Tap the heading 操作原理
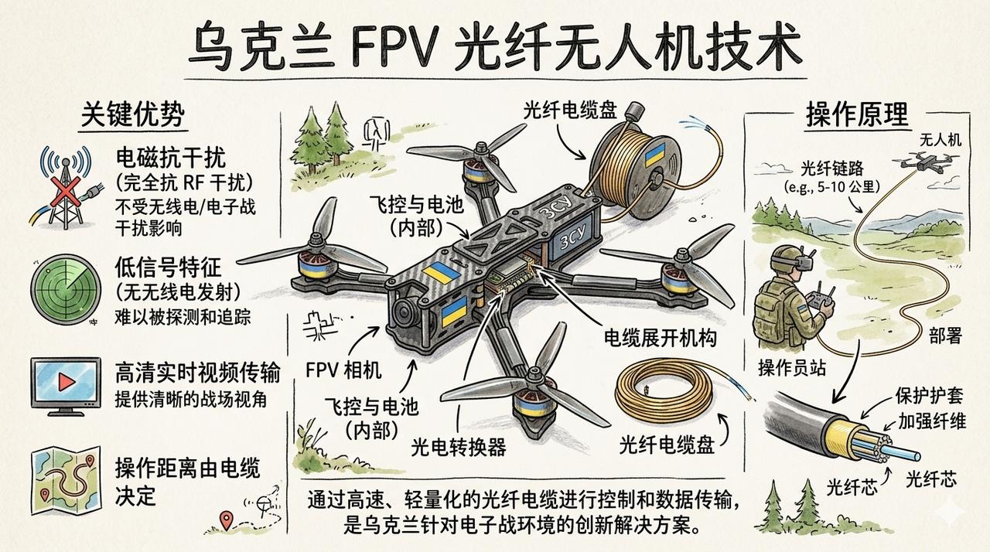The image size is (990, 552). click(x=858, y=115)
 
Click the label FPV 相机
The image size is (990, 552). click(x=343, y=370)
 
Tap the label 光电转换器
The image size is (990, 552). click(x=459, y=447)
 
